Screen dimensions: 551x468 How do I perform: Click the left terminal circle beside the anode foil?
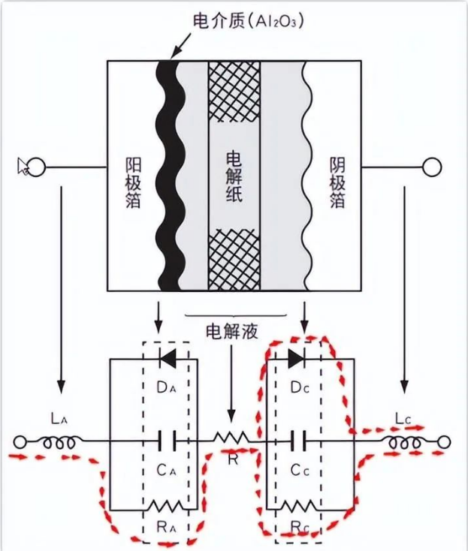[36, 167]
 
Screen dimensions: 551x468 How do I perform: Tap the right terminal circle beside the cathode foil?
[431, 167]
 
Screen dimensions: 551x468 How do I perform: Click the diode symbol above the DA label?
[168, 360]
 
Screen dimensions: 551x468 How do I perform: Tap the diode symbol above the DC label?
[297, 360]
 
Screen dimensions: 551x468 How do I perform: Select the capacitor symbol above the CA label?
[168, 441]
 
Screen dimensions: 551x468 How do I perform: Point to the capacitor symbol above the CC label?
[297, 441]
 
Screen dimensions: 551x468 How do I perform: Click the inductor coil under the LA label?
[58, 443]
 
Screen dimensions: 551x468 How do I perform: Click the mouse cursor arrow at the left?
[23, 166]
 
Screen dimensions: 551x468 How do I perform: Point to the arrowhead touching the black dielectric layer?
[174, 53]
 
